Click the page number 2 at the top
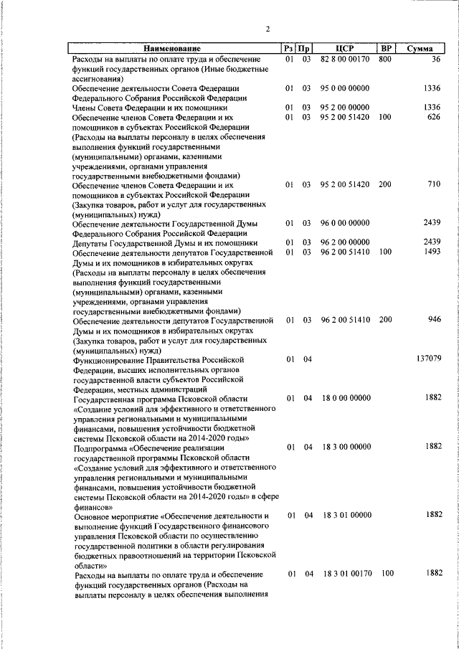point(267,29)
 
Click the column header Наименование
point(175,48)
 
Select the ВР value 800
point(385,58)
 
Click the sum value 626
point(432,117)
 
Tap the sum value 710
point(432,184)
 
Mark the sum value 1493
point(431,252)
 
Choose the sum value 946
point(432,320)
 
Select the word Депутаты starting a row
point(90,242)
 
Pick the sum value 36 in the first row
point(435,58)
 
